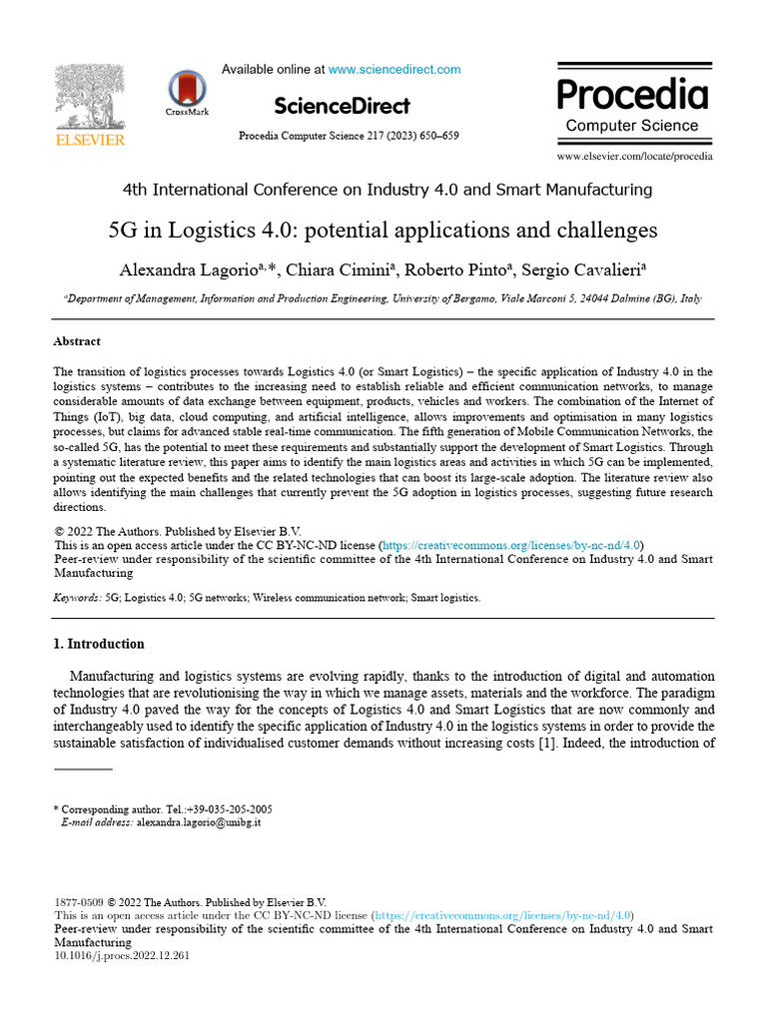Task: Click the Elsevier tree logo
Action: pyautogui.click(x=90, y=98)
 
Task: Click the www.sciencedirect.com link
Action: pyautogui.click(x=394, y=70)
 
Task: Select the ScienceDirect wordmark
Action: pyautogui.click(x=342, y=106)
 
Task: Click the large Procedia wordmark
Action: pyautogui.click(x=632, y=94)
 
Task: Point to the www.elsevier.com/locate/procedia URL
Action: pyautogui.click(x=634, y=157)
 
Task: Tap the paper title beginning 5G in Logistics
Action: pyautogui.click(x=383, y=231)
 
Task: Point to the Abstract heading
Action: pyautogui.click(x=77, y=341)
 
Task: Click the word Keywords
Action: pyautogui.click(x=76, y=598)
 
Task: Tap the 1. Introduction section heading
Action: pyautogui.click(x=99, y=644)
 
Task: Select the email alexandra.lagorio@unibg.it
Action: pyautogui.click(x=199, y=822)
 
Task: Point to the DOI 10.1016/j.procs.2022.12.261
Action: pyautogui.click(x=121, y=955)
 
